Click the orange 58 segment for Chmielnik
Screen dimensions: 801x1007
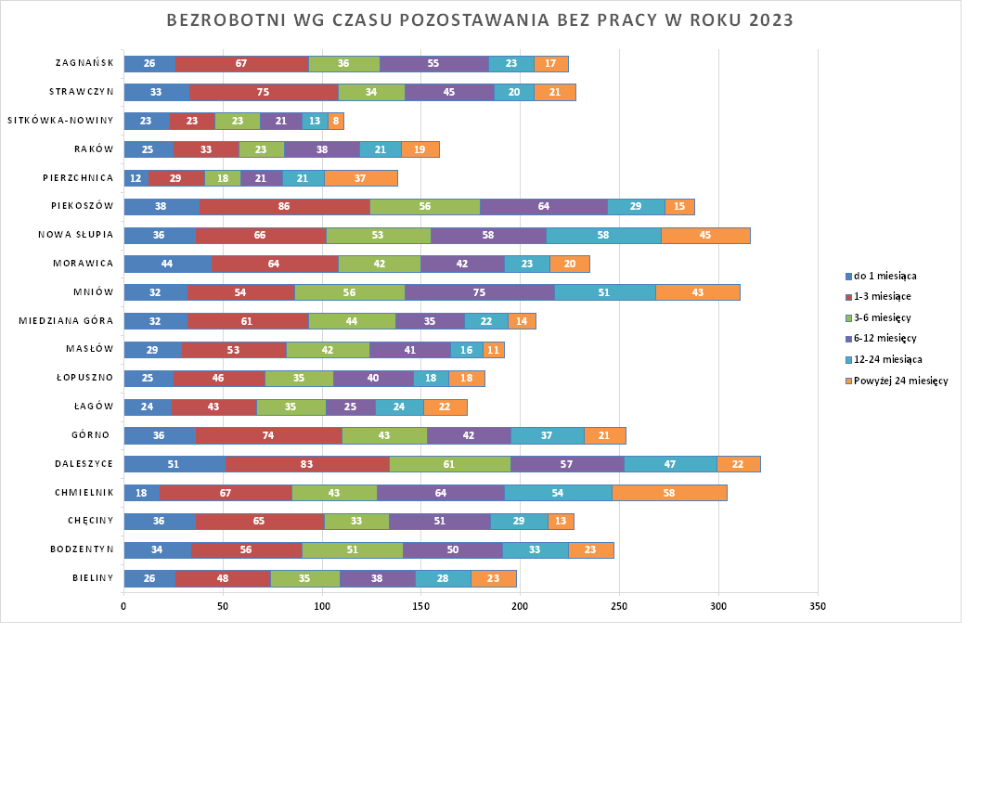coord(669,493)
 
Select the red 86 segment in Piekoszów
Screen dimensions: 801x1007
coord(285,206)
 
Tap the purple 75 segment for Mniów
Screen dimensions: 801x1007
coord(480,292)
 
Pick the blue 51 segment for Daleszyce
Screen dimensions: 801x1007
coord(174,464)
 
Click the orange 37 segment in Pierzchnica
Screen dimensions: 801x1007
coord(361,178)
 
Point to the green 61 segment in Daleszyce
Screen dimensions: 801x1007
coord(450,464)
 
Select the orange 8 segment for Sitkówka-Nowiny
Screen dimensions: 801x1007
coord(336,121)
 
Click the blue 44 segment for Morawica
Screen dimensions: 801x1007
coord(167,264)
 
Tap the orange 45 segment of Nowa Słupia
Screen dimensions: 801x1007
coord(705,235)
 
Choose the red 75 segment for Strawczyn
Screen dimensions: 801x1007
coord(264,92)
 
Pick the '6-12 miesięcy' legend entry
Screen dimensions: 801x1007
coord(882,339)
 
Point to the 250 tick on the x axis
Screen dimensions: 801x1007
coord(619,606)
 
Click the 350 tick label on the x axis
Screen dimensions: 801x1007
coord(817,606)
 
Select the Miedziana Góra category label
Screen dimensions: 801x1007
coord(66,321)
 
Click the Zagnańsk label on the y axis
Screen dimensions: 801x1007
coord(84,63)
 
